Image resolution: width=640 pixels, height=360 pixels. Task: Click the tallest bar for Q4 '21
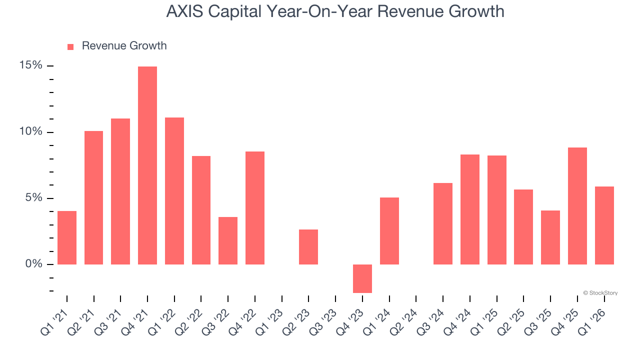[147, 165]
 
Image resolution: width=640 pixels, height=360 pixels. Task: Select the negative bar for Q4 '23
[362, 278]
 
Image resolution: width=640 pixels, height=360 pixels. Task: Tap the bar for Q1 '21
[67, 237]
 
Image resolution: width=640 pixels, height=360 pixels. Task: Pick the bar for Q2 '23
[308, 246]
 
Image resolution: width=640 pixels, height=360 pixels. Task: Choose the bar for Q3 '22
[228, 240]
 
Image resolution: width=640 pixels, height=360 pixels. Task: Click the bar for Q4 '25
[577, 205]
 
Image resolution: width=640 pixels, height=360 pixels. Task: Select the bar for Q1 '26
[604, 225]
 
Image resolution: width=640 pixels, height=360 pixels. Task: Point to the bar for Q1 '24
[389, 230]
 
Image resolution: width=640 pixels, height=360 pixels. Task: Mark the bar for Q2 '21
[93, 197]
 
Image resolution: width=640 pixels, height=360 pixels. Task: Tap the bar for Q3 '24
[443, 223]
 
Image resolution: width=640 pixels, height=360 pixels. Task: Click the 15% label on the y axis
[30, 65]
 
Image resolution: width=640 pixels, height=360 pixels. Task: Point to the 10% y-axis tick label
[30, 131]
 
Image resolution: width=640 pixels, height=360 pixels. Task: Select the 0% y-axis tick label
[33, 263]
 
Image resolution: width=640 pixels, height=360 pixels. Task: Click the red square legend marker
[70, 46]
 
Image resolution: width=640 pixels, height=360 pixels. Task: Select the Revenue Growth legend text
[124, 46]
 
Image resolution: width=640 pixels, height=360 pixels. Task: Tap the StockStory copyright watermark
[600, 293]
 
